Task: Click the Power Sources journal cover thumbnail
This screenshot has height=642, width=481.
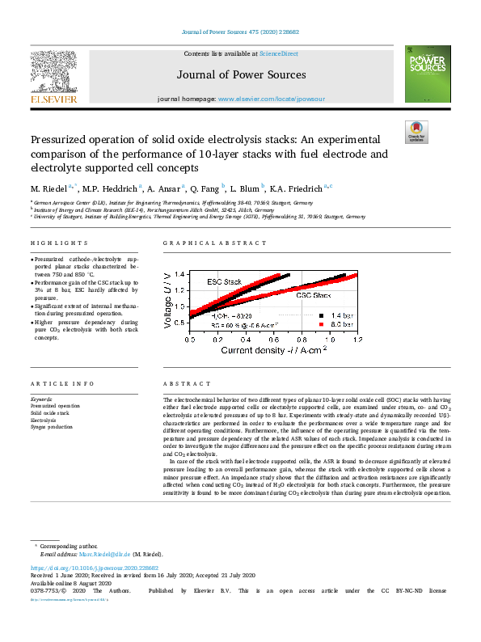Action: click(422, 74)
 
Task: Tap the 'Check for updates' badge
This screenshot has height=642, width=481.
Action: click(417, 132)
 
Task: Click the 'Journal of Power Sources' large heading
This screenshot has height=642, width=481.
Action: click(240, 74)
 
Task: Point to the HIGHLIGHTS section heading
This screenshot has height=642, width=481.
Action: click(59, 243)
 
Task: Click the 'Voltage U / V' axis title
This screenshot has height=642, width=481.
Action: click(169, 298)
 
